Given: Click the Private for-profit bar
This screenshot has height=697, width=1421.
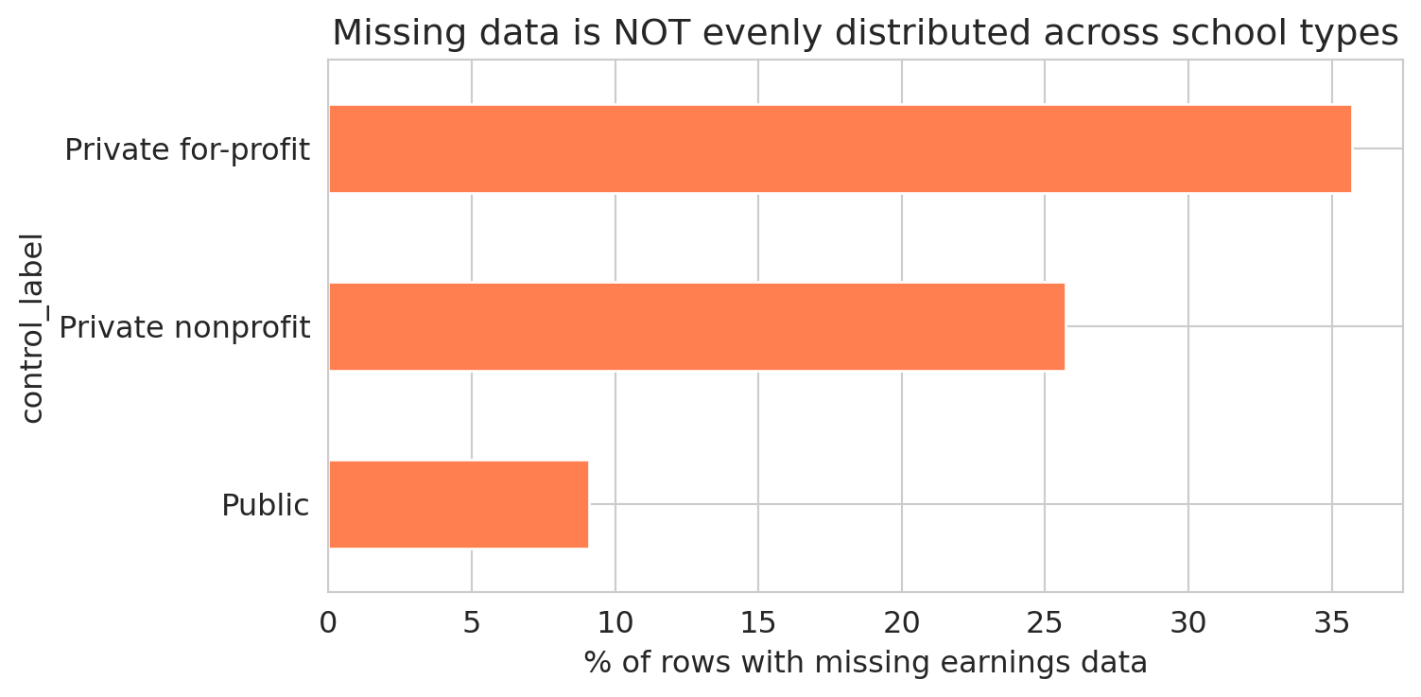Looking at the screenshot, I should pos(840,148).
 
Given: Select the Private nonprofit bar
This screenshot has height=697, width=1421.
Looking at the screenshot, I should pos(697,326).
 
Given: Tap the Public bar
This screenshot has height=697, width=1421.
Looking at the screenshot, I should pos(459,504).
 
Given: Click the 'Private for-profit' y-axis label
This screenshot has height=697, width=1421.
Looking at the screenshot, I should pos(187,149).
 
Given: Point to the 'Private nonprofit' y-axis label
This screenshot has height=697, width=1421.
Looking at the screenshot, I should pos(184,327).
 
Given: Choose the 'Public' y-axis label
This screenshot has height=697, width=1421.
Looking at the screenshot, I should pos(265,505).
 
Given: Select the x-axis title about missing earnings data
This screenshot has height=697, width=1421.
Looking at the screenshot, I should pos(865,663).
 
